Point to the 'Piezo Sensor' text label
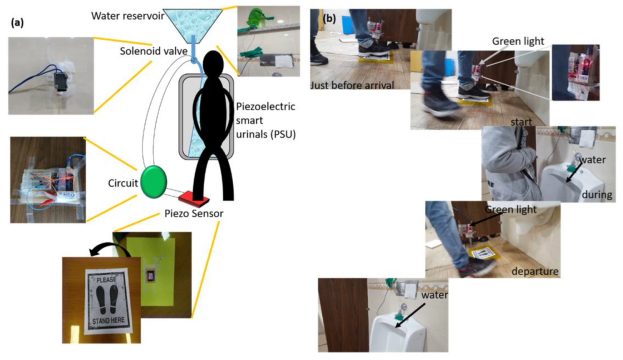190,214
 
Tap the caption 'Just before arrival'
352,85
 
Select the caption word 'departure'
534,270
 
